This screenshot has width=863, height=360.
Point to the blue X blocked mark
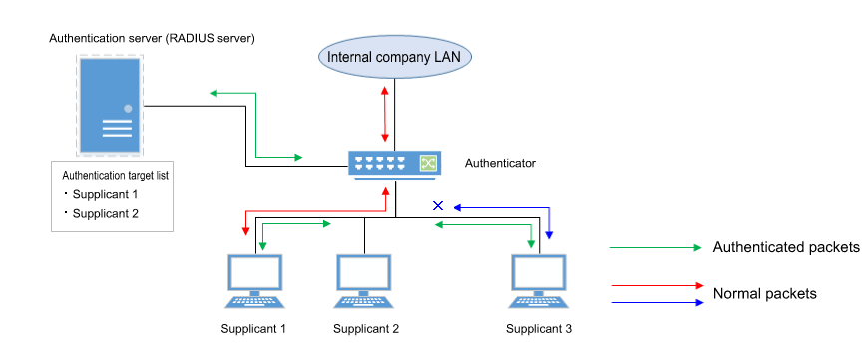tap(436, 206)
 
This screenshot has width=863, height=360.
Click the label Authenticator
tap(501, 162)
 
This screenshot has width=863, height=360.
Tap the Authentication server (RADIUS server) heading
tap(153, 38)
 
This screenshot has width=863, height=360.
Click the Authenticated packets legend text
tap(786, 247)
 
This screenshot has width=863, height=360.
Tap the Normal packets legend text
tap(765, 293)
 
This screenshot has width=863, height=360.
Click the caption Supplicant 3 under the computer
tap(539, 329)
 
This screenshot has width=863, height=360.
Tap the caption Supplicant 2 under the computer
tap(366, 329)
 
